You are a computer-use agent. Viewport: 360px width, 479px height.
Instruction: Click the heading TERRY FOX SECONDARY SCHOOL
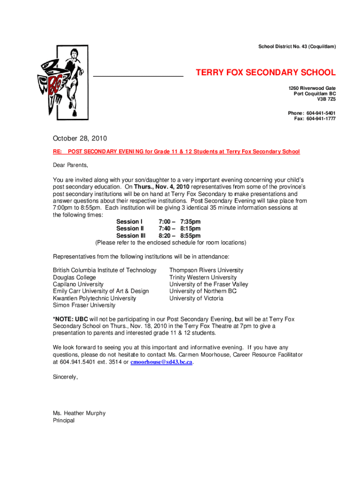point(265,73)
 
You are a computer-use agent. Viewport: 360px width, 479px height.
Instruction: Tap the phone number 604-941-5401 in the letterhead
point(321,113)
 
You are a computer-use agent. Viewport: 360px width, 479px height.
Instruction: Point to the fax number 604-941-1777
point(321,119)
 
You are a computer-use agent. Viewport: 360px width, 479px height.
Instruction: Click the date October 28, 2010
point(80,138)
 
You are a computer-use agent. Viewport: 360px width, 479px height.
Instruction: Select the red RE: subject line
point(176,152)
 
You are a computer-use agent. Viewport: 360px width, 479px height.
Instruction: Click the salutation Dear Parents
point(70,165)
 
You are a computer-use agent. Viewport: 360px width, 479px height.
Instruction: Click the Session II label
point(130,229)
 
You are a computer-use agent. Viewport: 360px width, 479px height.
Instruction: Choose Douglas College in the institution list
point(74,277)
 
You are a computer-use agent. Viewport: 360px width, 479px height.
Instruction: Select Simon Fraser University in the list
point(84,305)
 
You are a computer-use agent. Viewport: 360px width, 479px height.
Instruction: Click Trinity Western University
point(203,277)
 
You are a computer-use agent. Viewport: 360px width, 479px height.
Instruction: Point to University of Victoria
point(196,298)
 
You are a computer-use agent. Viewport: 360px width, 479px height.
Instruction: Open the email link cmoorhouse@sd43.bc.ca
point(161,363)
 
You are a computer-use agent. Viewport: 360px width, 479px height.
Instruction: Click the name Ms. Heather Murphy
point(79,413)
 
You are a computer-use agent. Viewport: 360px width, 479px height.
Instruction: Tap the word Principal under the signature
point(64,420)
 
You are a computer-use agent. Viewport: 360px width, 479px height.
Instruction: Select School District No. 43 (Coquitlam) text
point(297,47)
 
